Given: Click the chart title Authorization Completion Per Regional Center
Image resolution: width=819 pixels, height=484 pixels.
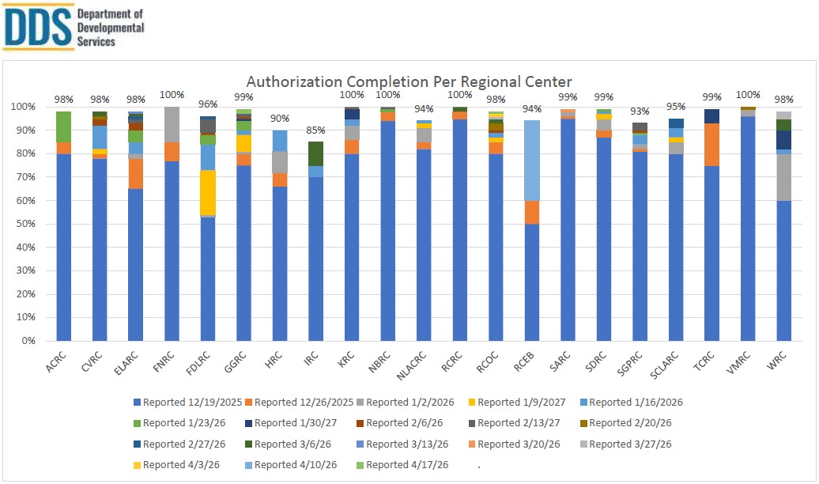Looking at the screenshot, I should point(409,81).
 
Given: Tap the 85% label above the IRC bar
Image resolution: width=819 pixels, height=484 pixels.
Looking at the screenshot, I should point(315,130).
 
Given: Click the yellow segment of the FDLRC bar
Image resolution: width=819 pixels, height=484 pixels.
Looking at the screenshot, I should point(208,192).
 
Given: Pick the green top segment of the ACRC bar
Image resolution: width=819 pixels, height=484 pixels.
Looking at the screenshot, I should point(64,127).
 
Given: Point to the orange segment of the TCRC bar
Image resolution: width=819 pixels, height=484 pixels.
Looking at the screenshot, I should point(711,144).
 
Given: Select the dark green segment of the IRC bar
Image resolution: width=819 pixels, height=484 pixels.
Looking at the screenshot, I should point(315,153).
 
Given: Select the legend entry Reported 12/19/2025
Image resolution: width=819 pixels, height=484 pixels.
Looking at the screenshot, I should point(188,402).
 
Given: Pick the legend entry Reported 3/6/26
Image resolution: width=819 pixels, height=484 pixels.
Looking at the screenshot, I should point(294,444).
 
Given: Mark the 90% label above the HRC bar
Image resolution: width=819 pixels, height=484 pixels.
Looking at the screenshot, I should point(280,118).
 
